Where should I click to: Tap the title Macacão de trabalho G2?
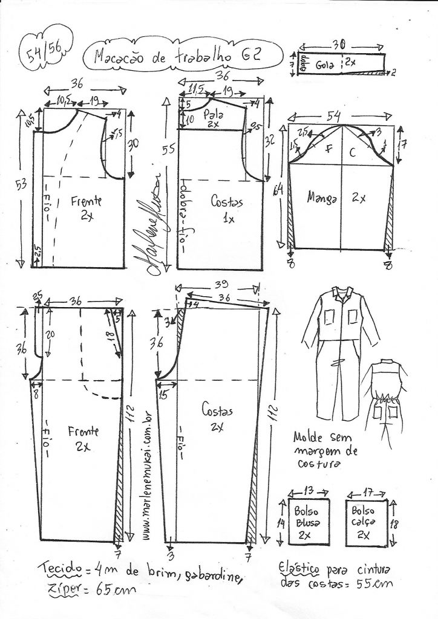coord(178,56)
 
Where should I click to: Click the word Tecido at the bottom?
coord(60,569)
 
